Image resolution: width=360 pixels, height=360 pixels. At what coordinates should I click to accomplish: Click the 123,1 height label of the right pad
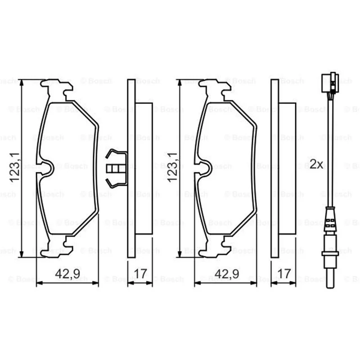172,167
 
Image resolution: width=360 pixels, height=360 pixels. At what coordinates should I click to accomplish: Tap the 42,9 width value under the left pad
67,274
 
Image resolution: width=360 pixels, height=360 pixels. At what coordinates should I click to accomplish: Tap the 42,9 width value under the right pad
227,274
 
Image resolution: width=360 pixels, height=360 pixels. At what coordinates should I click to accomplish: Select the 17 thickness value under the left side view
140,274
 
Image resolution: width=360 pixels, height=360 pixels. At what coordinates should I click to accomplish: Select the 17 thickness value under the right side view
284,274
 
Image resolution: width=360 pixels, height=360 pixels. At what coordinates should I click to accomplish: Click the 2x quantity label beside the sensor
316,164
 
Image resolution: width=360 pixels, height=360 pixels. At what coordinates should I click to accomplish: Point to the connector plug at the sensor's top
330,82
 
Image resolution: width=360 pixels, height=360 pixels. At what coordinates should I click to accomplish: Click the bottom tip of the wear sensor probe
330,288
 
